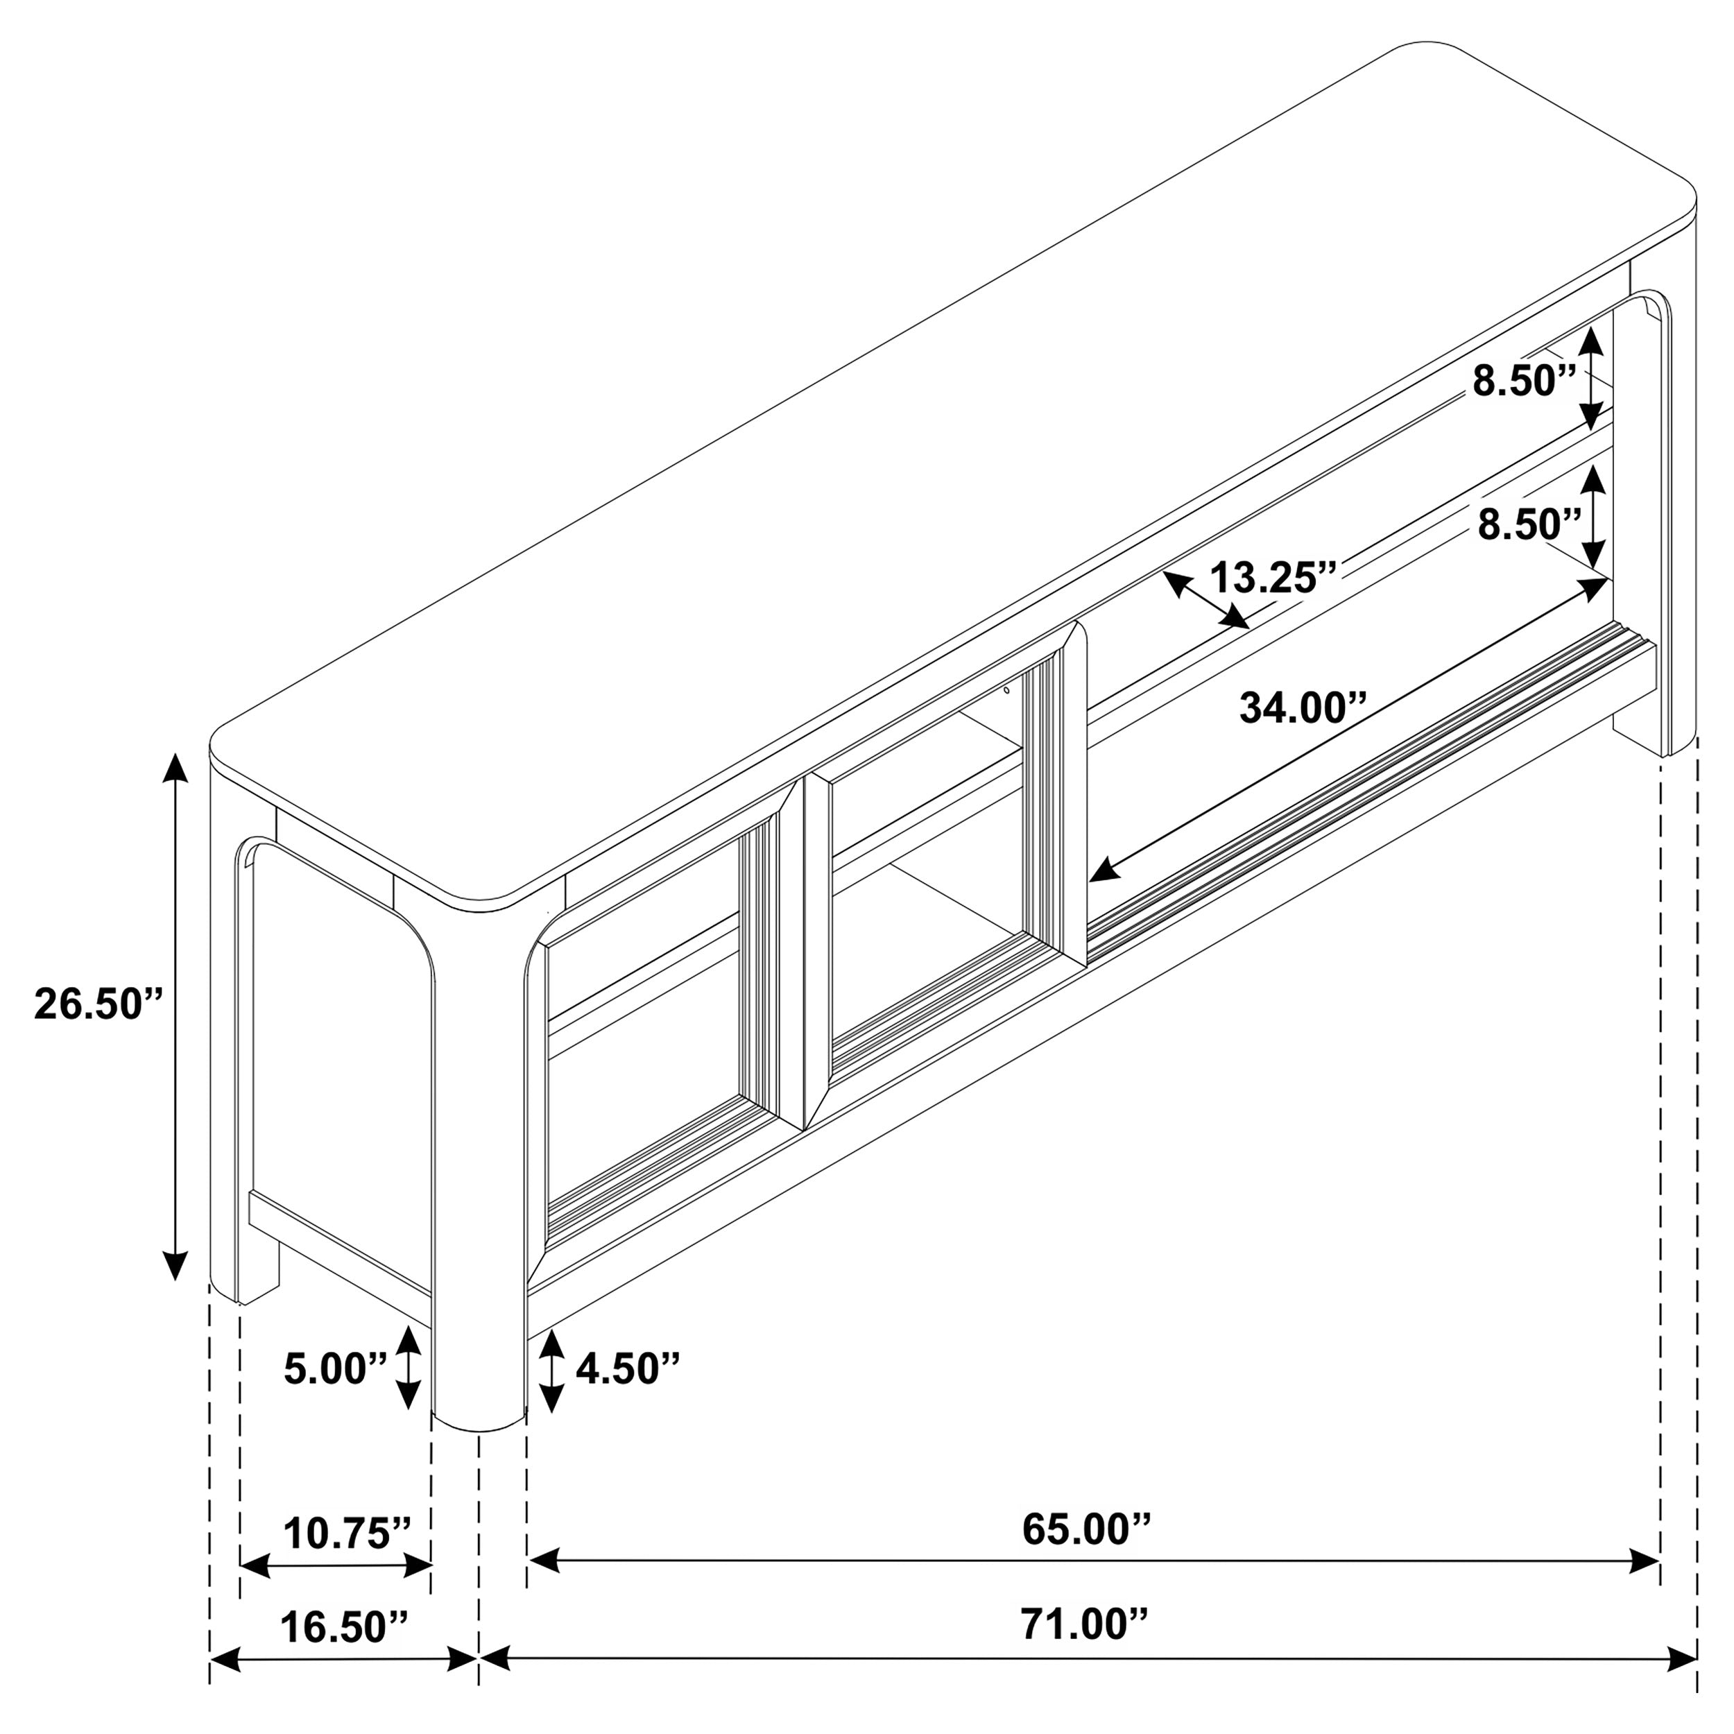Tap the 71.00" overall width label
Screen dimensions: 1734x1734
(x=1083, y=1624)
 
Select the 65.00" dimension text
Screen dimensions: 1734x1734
(x=1086, y=1530)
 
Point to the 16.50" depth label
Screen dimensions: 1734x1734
(x=344, y=1626)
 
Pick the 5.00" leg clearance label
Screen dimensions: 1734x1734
(x=335, y=1368)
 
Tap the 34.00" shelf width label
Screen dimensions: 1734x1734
(x=1303, y=708)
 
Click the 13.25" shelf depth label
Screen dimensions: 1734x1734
(x=1273, y=577)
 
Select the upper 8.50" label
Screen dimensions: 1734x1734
(x=1524, y=381)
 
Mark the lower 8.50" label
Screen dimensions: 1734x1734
(x=1529, y=524)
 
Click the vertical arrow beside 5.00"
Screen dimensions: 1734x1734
(x=409, y=1368)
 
